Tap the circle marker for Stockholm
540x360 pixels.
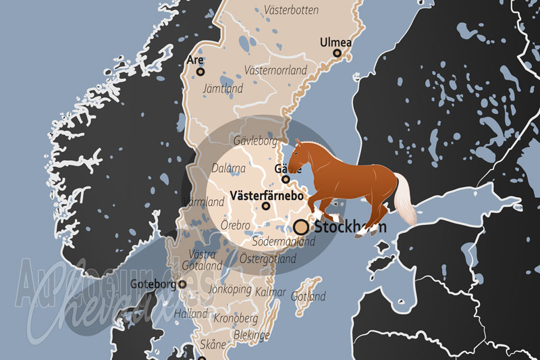pyautogui.click(x=301, y=227)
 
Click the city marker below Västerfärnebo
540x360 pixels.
pyautogui.click(x=266, y=206)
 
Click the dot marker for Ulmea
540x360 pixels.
pyautogui.click(x=337, y=53)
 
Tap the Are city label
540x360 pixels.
pyautogui.click(x=194, y=59)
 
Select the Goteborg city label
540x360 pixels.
pyautogui.click(x=153, y=284)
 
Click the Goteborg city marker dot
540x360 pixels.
pyautogui.click(x=182, y=284)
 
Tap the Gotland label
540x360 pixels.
pyautogui.click(x=308, y=296)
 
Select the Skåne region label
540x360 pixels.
pyautogui.click(x=213, y=344)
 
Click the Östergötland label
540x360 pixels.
pyautogui.click(x=268, y=259)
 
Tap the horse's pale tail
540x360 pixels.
pyautogui.click(x=406, y=200)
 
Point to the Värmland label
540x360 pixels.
pyautogui.click(x=203, y=202)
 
